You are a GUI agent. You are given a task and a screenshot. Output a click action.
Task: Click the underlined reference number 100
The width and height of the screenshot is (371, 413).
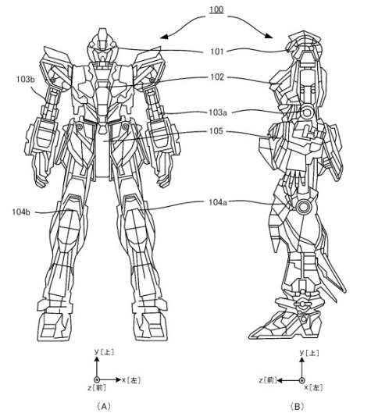pos(216,9)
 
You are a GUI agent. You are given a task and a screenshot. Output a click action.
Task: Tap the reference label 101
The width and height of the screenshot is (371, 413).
pos(216,52)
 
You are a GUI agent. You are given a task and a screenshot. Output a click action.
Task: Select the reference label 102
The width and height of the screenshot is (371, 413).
pos(217,77)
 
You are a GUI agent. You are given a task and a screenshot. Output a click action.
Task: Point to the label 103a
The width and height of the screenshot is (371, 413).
pos(218,112)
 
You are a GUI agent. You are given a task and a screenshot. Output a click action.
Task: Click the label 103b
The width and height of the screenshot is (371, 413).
pos(25,80)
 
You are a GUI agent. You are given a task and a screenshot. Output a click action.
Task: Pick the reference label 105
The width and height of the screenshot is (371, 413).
pos(216,131)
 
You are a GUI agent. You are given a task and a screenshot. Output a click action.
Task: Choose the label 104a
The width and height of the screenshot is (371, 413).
pos(218,202)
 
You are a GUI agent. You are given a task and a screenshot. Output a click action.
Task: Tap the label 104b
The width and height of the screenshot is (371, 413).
pos(21,212)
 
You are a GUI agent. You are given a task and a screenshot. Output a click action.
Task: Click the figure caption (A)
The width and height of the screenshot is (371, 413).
pos(103,406)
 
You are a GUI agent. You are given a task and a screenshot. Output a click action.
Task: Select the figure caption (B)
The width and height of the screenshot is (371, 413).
pos(297,406)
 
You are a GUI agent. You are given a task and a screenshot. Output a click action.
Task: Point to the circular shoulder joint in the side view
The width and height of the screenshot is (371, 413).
pos(306,112)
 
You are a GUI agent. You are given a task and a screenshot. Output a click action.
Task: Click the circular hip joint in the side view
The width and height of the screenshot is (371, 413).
pos(303,207)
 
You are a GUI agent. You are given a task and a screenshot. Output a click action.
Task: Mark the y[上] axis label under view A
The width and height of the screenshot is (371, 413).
pos(105,352)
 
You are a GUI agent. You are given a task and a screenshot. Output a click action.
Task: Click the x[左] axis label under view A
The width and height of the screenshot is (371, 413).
pos(131,380)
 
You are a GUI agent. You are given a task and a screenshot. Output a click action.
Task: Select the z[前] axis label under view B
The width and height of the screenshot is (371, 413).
pos(268,380)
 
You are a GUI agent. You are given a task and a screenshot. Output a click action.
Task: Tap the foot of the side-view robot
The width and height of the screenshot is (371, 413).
pos(286,322)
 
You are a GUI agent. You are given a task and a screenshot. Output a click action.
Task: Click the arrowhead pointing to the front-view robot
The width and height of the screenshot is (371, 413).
pos(164,37)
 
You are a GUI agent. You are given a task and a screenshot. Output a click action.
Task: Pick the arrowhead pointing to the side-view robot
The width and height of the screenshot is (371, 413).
pos(269,36)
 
